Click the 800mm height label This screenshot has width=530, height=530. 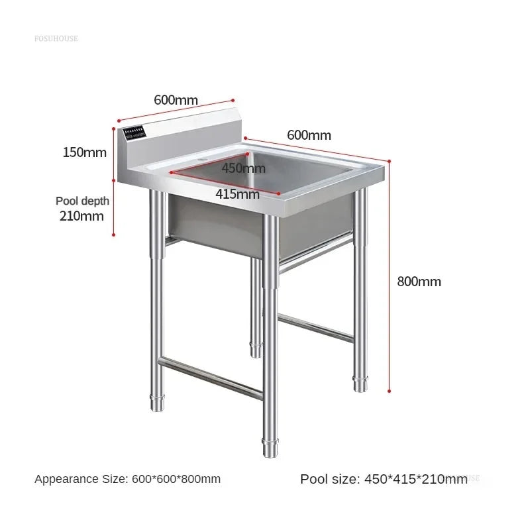click(419, 282)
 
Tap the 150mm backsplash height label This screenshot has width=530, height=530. click(84, 152)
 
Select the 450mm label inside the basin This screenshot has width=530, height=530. click(243, 168)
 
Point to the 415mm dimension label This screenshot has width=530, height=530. click(237, 194)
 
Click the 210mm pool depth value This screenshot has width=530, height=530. click(82, 215)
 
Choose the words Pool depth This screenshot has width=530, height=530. click(82, 201)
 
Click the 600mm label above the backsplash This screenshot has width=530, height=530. click(176, 100)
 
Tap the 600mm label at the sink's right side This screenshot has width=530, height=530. click(309, 135)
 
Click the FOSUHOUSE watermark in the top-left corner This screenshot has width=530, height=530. click(56, 38)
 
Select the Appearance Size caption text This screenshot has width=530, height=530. click(128, 479)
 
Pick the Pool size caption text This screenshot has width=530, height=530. click(384, 479)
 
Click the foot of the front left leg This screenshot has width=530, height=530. click(158, 401)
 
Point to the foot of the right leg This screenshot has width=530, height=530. click(360, 384)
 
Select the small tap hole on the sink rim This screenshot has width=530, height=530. click(199, 160)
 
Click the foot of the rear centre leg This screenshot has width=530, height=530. click(256, 349)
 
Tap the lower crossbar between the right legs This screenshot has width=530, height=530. click(315, 327)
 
